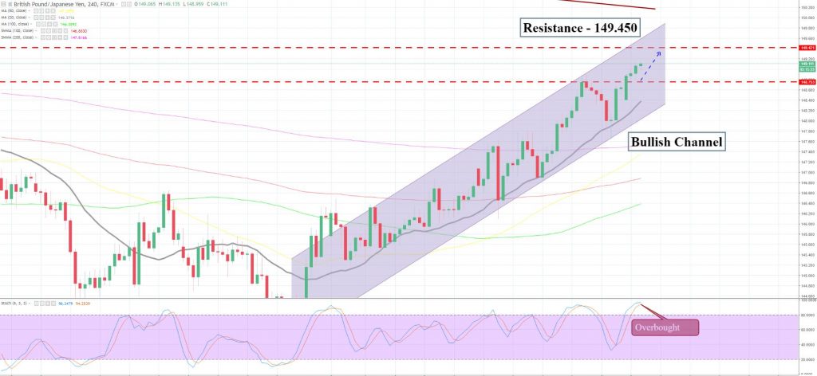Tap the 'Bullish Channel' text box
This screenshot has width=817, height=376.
[677, 143]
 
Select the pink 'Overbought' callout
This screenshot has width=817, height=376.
[665, 327]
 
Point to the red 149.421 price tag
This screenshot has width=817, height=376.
[806, 48]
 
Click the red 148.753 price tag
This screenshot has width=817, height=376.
[806, 81]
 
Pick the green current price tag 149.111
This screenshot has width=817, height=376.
[806, 64]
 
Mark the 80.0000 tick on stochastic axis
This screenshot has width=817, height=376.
[806, 315]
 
